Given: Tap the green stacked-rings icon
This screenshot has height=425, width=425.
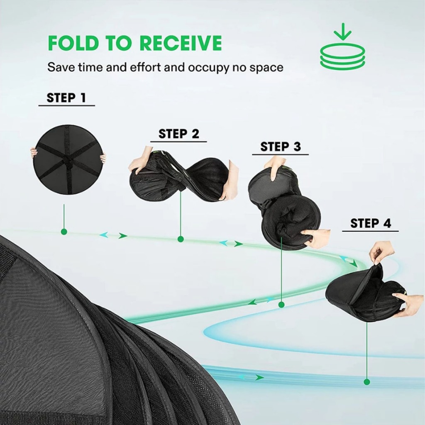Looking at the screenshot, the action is coord(342,57).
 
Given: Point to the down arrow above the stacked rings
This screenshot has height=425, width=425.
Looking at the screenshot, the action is coord(342,32).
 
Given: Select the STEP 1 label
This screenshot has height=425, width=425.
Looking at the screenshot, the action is coord(66,98).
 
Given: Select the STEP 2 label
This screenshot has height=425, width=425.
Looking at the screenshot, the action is coord(178,134).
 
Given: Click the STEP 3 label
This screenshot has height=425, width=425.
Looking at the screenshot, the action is coord(281,147).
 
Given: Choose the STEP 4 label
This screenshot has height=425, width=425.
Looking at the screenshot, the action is coord(371,223).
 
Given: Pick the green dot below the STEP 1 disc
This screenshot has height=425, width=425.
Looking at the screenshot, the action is coord(64,232).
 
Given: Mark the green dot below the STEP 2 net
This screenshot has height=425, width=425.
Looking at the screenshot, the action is coord(181,239).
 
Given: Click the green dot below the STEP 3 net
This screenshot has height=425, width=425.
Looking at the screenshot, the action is coord(281,305).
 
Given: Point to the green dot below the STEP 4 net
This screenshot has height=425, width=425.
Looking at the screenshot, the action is coord(367,382).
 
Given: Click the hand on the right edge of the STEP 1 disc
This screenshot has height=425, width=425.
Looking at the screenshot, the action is coord(103,159).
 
